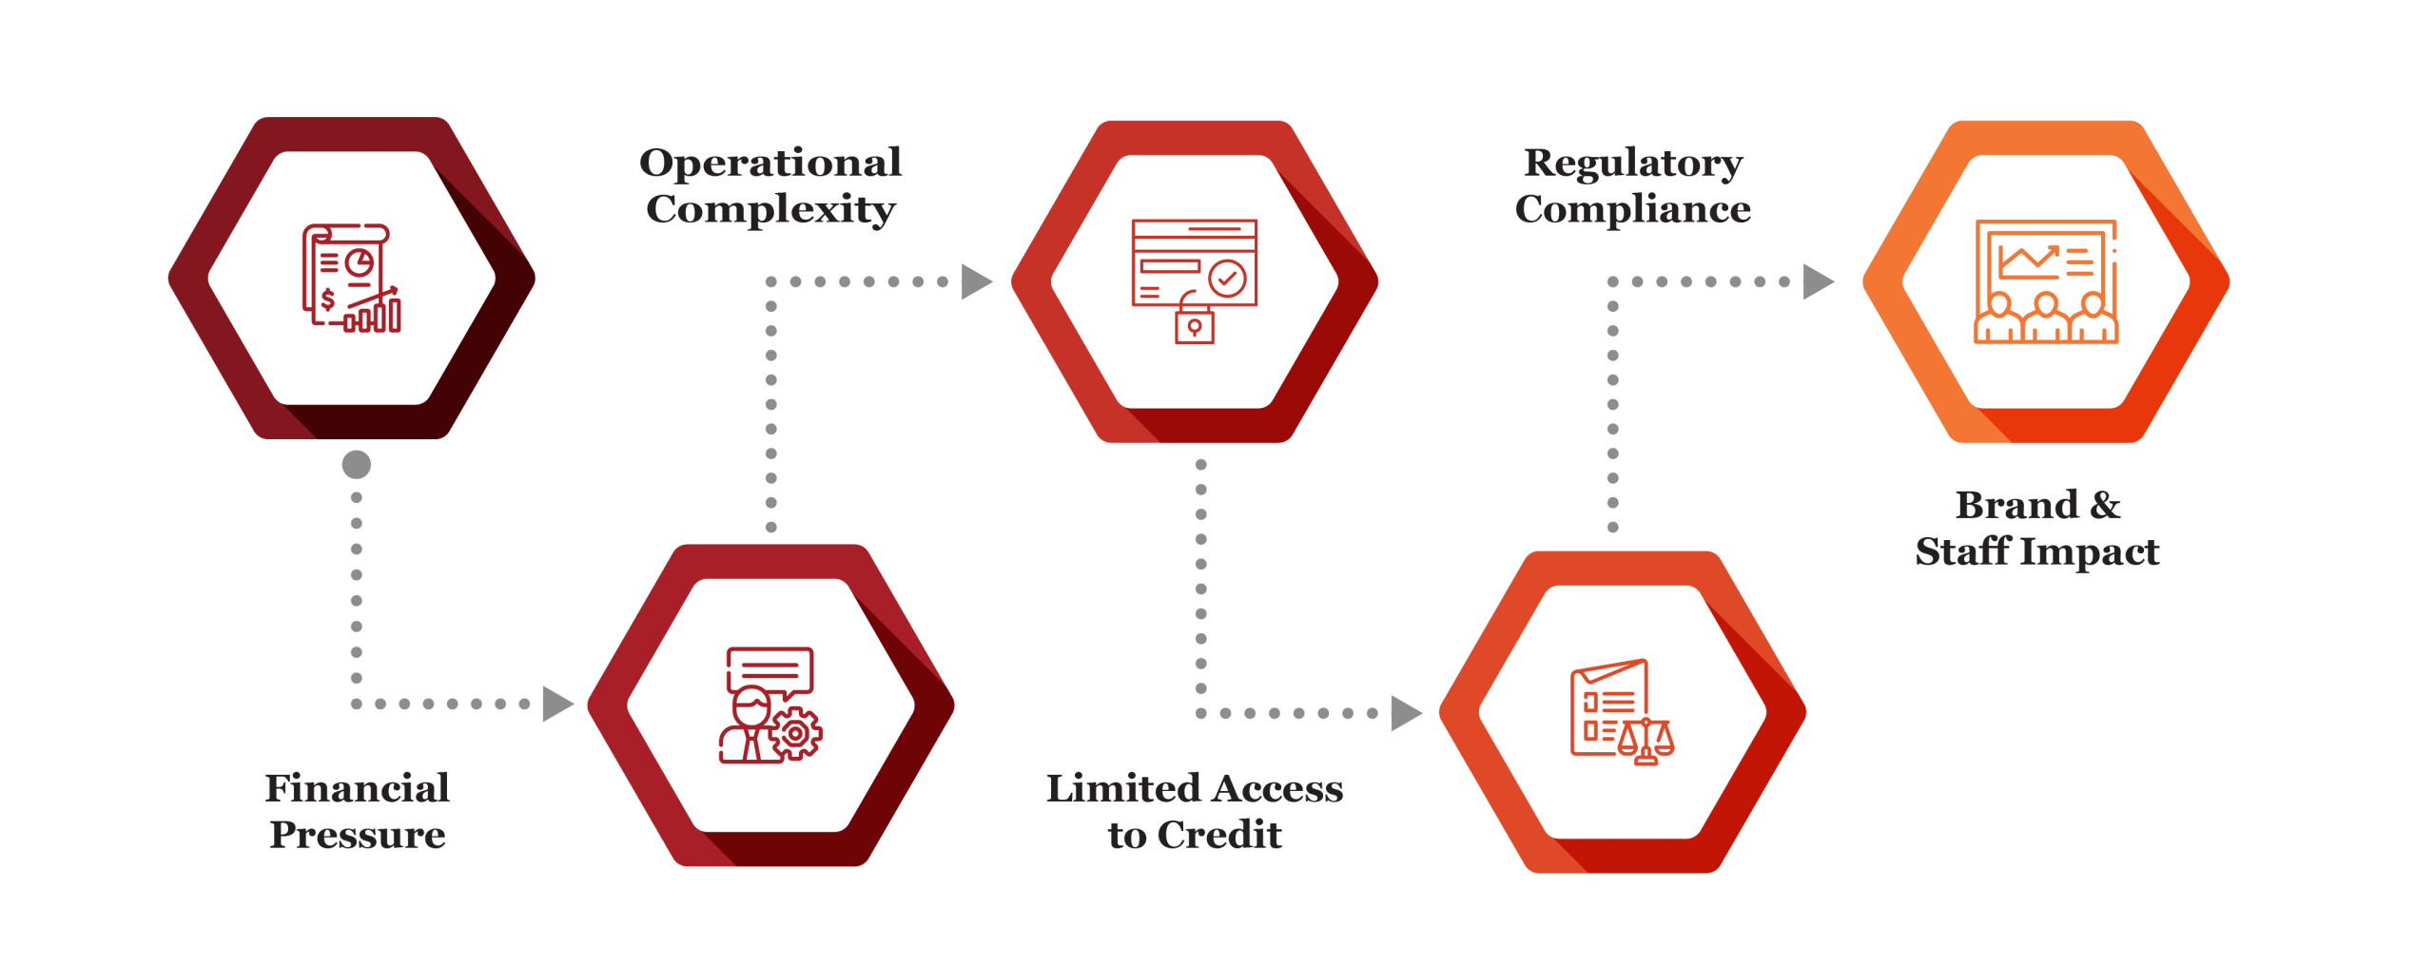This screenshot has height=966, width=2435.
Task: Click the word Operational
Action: coord(770,164)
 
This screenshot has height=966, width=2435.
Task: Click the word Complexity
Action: coord(770,210)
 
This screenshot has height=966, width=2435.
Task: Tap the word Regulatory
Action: coord(1633,164)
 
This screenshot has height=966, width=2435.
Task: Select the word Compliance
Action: coord(1633,209)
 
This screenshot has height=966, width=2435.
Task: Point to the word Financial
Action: coord(357,788)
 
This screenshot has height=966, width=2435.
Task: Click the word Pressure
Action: coord(358,835)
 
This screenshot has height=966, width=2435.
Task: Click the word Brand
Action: coord(2016,505)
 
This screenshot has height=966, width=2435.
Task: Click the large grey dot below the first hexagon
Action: coord(357,465)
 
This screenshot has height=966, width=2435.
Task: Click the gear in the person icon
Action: coord(795,734)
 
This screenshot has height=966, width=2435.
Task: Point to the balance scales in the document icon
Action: coord(1646,742)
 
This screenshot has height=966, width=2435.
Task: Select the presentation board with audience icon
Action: coord(2046,280)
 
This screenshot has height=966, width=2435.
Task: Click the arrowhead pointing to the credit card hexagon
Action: coord(976,281)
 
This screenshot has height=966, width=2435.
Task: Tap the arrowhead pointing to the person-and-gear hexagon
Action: coord(557,704)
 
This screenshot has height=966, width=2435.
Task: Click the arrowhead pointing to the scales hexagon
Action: coord(1406,713)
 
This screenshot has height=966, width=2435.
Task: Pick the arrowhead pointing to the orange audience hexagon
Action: coord(1818,281)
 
